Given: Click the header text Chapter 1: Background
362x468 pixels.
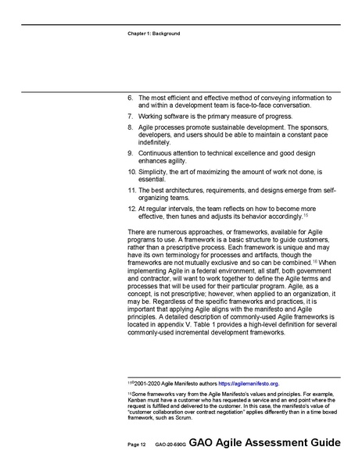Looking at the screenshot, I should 153,34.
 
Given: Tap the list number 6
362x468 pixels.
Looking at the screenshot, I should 130,98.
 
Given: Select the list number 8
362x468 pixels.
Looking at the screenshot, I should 130,127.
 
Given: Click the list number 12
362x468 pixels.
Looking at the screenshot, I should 131,209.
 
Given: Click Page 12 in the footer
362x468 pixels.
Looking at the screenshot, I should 135,444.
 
